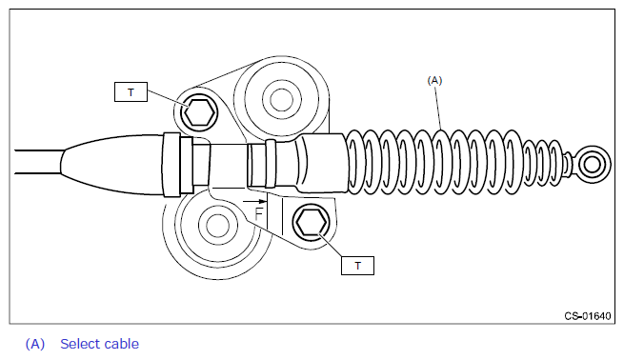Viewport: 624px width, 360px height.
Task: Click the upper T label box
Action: coord(131,91)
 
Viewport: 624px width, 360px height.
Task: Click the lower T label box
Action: coord(357,266)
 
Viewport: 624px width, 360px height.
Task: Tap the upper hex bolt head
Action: coord(199,112)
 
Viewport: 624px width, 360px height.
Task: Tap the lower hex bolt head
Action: coord(312,222)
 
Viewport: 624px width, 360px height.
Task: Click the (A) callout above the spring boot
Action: coord(434,80)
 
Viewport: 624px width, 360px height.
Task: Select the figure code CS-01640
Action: coord(588,316)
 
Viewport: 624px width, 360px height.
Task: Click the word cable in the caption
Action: coord(123,344)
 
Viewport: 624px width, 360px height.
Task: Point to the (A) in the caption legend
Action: coord(35,344)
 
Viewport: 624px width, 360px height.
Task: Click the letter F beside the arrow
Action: coord(259,214)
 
